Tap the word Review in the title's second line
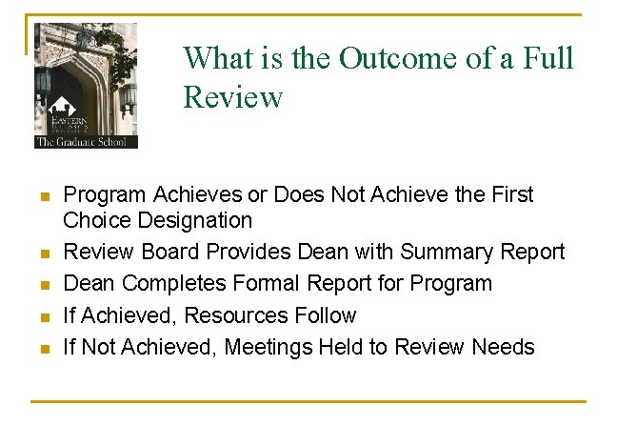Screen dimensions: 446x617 click(x=233, y=96)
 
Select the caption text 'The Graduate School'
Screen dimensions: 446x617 click(x=86, y=142)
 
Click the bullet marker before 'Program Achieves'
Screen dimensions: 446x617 click(x=43, y=196)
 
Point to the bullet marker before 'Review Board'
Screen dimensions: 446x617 click(x=43, y=253)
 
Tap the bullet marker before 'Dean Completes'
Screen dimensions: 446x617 click(x=43, y=285)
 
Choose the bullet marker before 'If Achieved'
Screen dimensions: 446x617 click(x=43, y=316)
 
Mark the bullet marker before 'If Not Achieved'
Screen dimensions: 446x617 click(x=43, y=348)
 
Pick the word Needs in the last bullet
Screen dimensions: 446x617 click(x=504, y=347)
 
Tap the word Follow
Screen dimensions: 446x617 click(x=327, y=315)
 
